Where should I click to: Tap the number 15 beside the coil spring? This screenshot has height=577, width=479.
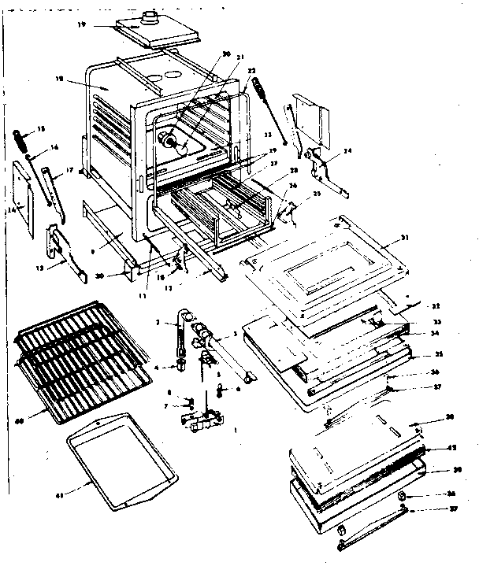pyautogui.click(x=41, y=128)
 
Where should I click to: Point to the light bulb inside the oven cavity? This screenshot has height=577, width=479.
pyautogui.click(x=168, y=139)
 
